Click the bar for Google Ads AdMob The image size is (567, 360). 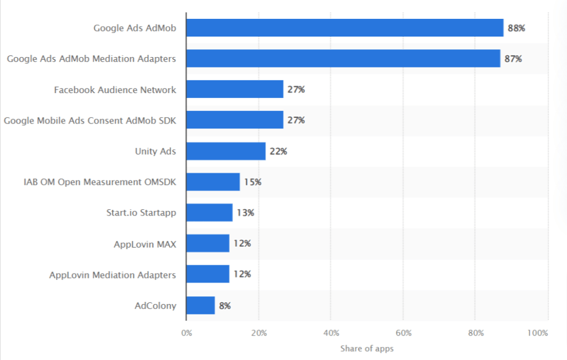[344, 28]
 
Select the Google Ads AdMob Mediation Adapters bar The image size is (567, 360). [343, 59]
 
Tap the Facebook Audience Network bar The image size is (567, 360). [234, 89]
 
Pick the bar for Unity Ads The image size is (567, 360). [225, 151]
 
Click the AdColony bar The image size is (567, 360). [200, 305]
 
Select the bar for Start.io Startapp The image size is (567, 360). [209, 213]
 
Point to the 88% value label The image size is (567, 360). [516, 28]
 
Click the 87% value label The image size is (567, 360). [513, 59]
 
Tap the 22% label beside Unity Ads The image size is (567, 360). [278, 151]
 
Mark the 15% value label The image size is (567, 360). [252, 182]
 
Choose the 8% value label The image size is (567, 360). [225, 305]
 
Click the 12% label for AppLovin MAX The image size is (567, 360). [241, 244]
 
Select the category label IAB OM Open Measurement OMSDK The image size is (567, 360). [100, 182]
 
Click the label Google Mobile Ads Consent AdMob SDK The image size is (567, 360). [90, 120]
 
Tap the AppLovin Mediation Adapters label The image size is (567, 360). [112, 275]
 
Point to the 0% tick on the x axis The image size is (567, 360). [187, 333]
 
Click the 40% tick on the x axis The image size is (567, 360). [331, 333]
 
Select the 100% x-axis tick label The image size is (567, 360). [538, 333]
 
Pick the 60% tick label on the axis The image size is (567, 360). [403, 333]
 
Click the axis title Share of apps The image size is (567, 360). [367, 348]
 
